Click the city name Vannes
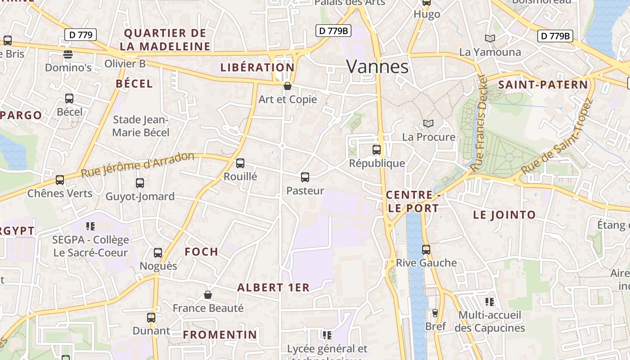click(x=377, y=67)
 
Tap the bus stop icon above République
click(x=377, y=150)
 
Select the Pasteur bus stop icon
click(x=305, y=177)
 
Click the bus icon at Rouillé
click(x=240, y=163)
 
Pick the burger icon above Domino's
click(x=68, y=54)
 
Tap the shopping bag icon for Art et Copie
click(x=288, y=86)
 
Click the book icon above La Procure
click(x=428, y=123)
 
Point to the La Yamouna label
click(x=490, y=52)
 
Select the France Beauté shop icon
click(x=208, y=295)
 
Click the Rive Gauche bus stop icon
click(x=426, y=249)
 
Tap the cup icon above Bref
click(x=435, y=313)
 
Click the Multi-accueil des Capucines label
click(x=490, y=321)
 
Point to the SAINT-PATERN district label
click(x=543, y=85)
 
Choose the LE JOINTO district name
click(x=504, y=215)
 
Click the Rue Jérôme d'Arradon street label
click(x=138, y=164)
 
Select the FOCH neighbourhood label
click(x=202, y=252)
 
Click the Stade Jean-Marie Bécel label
click(x=141, y=126)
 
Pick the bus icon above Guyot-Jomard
click(x=140, y=183)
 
